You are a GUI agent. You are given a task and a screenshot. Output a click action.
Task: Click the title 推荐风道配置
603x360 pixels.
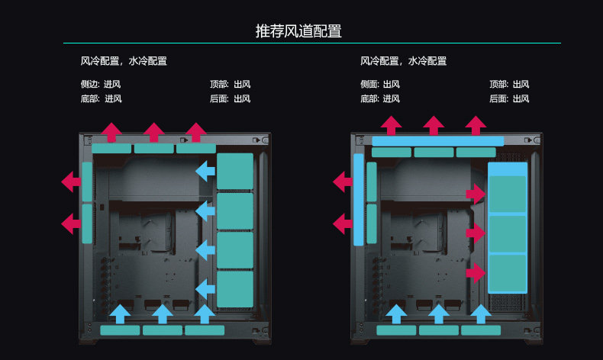(x=298, y=31)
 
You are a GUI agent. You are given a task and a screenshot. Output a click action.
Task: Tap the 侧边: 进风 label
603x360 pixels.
(x=100, y=85)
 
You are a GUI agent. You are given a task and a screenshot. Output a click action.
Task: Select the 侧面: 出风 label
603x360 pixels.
(x=380, y=85)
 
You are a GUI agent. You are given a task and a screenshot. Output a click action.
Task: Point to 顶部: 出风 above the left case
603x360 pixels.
(x=230, y=85)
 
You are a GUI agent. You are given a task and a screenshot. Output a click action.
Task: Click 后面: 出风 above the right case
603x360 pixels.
(x=509, y=99)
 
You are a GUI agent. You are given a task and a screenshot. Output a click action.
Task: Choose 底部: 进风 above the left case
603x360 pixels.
(x=101, y=99)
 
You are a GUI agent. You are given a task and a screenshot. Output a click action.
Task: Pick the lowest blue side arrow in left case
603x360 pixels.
(x=205, y=289)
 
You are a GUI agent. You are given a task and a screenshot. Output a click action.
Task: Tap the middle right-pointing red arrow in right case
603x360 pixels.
(x=476, y=233)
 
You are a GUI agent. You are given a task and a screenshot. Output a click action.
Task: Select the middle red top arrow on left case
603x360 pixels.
(x=154, y=132)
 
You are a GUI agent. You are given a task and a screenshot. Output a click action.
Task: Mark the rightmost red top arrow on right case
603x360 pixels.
(x=476, y=125)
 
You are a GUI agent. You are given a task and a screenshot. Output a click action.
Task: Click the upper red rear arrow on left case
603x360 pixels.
(x=71, y=182)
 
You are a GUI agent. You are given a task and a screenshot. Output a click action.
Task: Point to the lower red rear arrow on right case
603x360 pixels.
(x=343, y=223)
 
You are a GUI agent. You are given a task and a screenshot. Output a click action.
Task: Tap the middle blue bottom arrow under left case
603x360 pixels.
(x=162, y=314)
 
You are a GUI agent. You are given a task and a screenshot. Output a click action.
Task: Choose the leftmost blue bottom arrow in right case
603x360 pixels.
(x=396, y=314)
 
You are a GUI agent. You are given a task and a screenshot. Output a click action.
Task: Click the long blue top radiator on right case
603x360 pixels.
(x=438, y=141)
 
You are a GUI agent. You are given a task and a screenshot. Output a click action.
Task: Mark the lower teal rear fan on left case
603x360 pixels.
(x=87, y=223)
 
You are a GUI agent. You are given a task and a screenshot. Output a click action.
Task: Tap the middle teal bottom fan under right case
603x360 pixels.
(x=439, y=330)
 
